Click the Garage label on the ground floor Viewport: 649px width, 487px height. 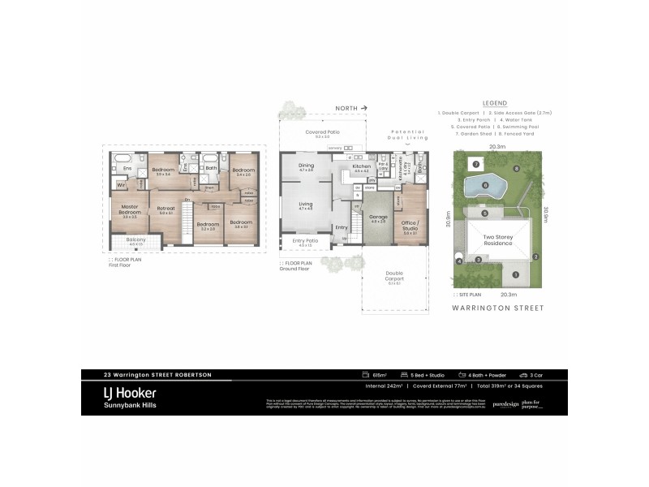378,218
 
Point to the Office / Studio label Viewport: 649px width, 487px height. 411,225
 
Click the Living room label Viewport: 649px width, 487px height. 306,205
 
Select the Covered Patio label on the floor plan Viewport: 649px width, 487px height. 322,132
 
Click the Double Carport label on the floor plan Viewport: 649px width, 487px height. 394,275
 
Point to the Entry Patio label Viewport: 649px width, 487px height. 305,241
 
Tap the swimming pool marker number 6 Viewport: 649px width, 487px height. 484,186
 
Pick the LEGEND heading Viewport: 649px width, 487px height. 494,104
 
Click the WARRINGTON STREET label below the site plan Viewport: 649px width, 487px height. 498,308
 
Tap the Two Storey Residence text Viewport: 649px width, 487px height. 499,240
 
